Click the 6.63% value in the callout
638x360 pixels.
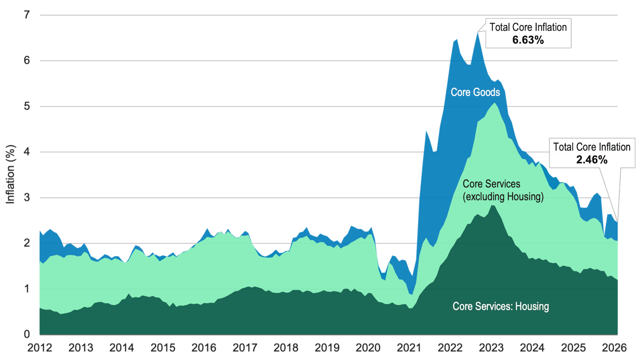[x=528, y=40]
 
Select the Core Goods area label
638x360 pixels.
[x=475, y=92]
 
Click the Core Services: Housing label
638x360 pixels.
[x=501, y=306]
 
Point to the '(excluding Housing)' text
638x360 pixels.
[x=503, y=197]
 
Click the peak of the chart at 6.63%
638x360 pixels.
[x=478, y=32]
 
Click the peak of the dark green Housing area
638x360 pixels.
[x=493, y=205]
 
